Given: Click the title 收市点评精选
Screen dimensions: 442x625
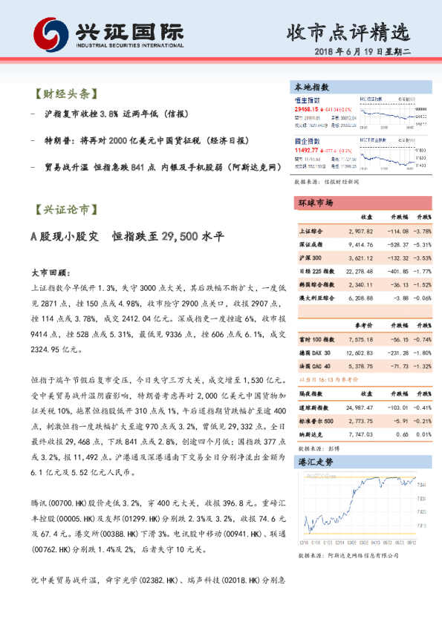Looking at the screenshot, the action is pyautogui.click(x=348, y=33).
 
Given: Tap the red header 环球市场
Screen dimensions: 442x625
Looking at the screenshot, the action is pyautogui.click(x=316, y=203).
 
